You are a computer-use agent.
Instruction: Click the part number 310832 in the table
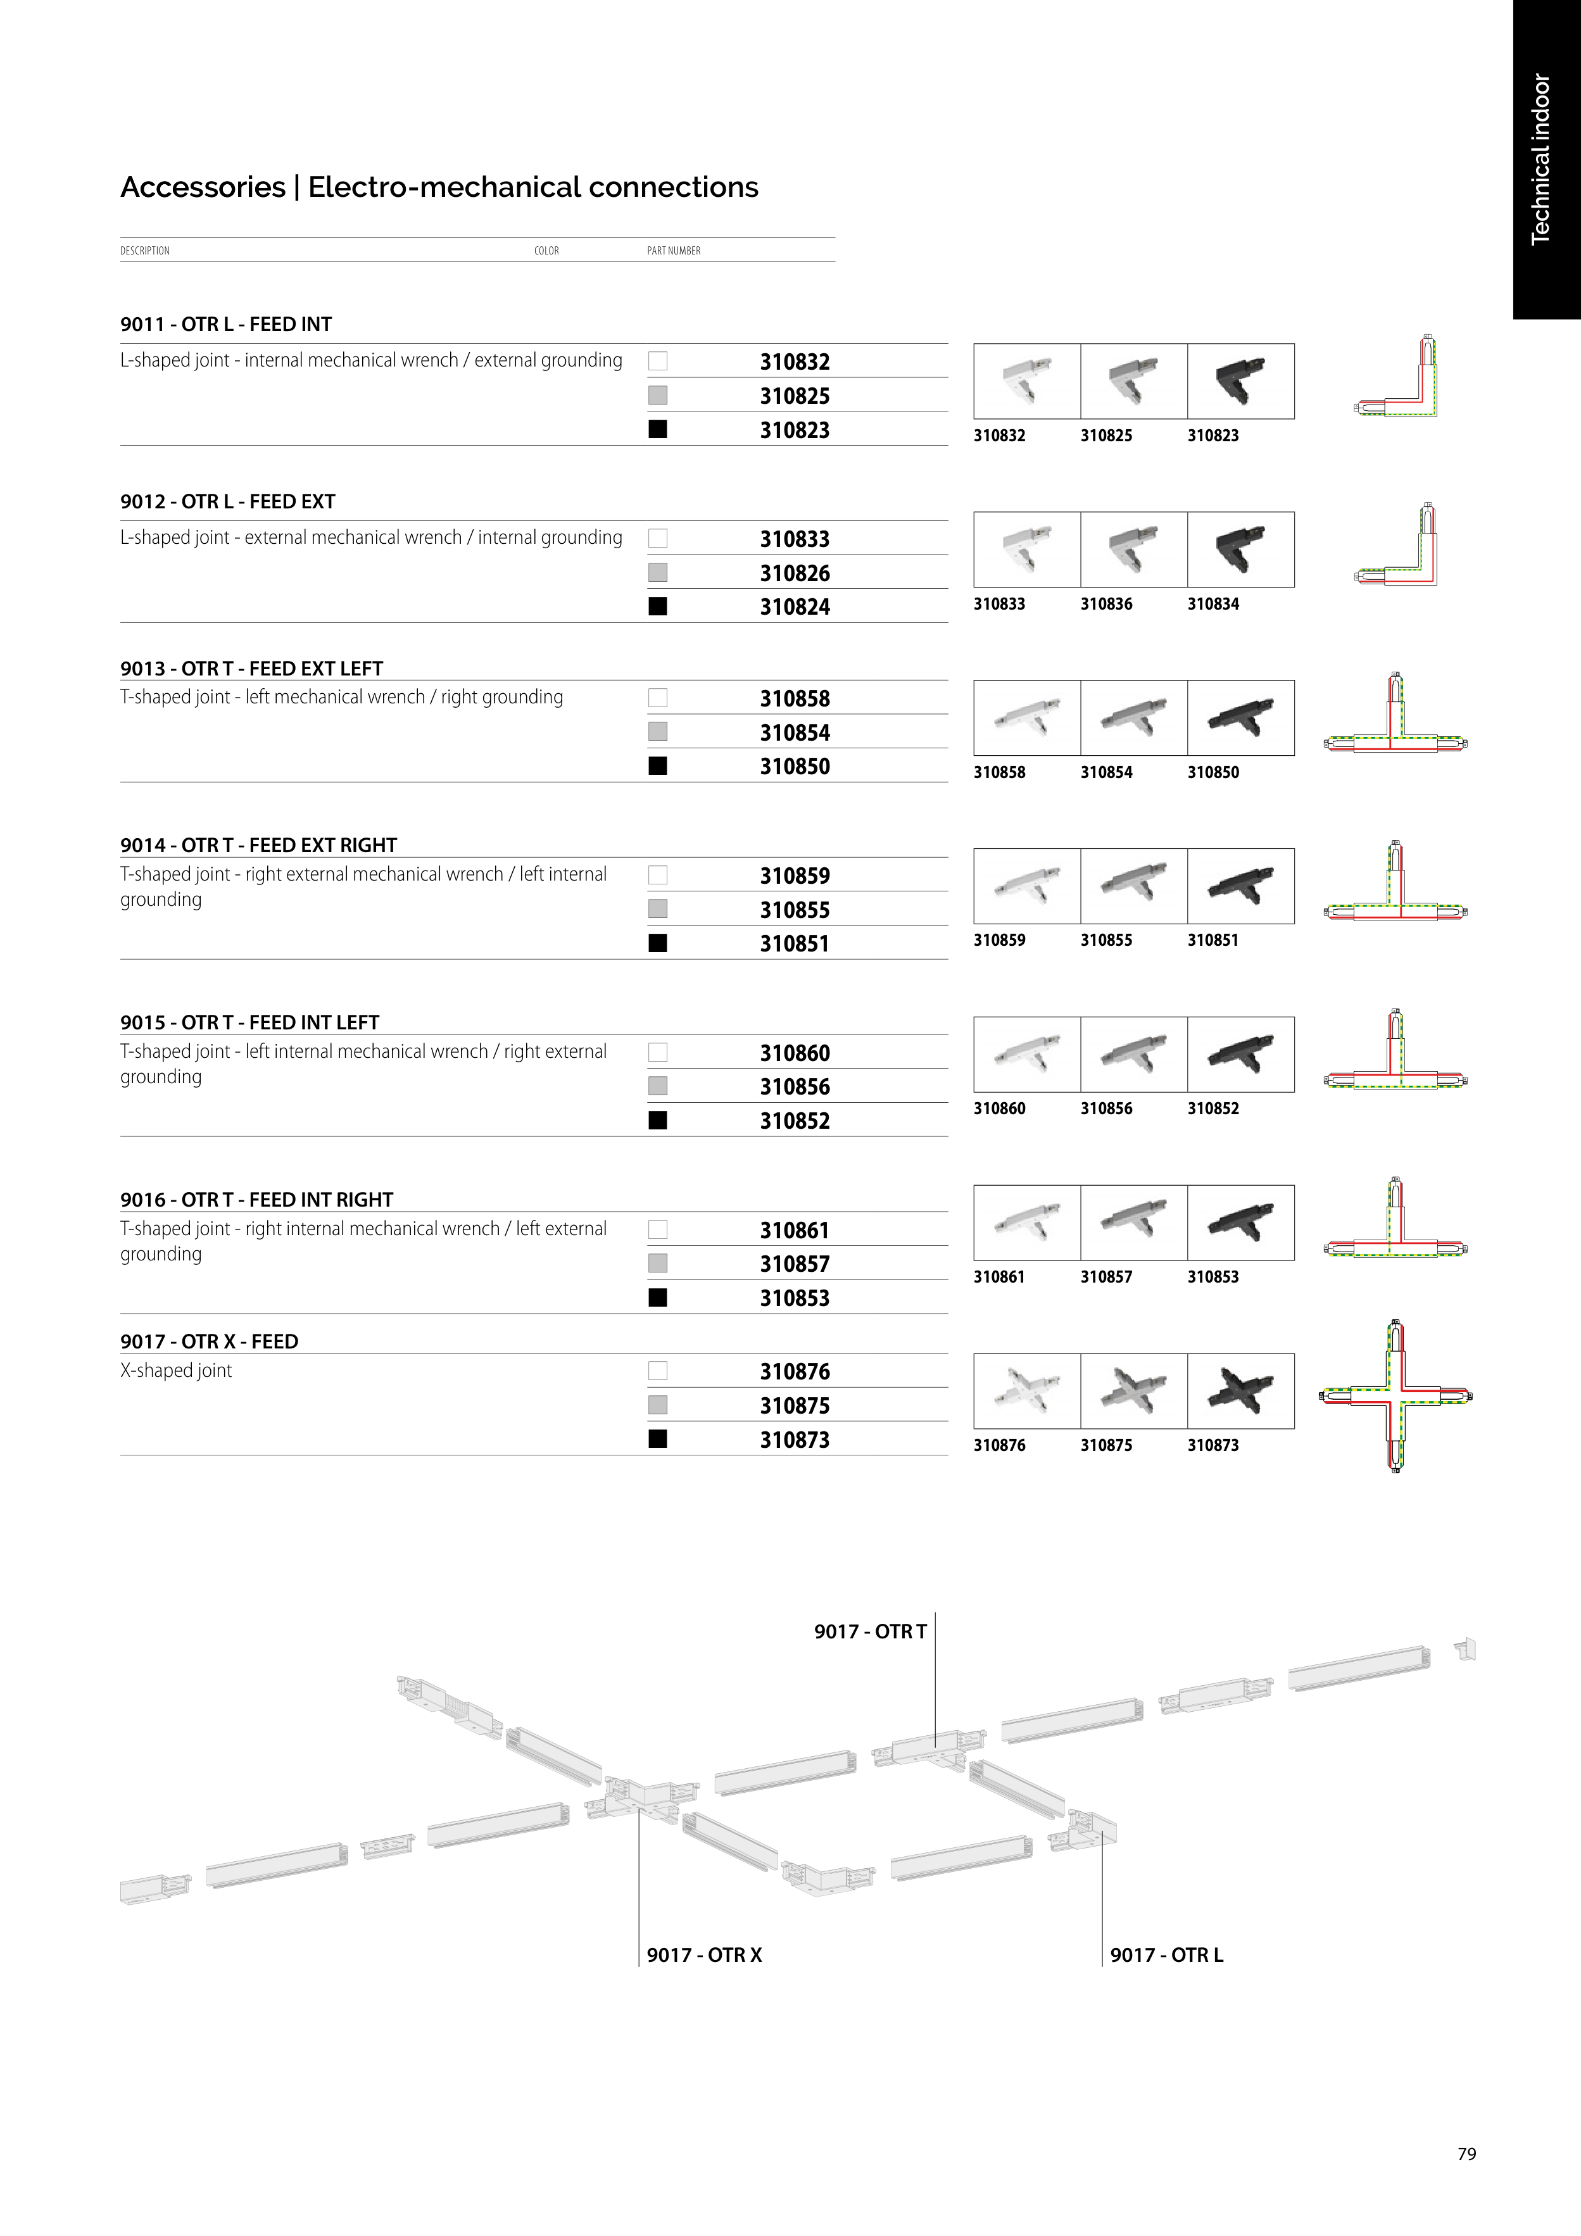point(795,362)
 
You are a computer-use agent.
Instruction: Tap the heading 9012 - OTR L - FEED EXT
point(228,501)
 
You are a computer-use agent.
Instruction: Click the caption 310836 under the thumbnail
point(1107,604)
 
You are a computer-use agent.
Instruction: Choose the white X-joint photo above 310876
point(1027,1391)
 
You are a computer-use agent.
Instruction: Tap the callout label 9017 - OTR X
point(704,1954)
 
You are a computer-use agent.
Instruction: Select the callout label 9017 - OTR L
point(1167,1954)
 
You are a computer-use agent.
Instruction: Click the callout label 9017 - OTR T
point(871,1631)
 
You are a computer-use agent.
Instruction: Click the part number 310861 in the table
point(795,1231)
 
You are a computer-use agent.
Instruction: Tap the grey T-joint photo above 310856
point(1134,1055)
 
